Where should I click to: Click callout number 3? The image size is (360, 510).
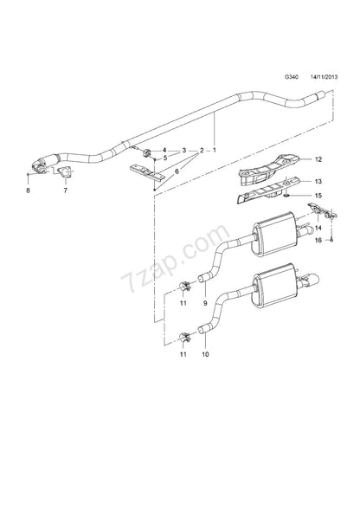[x=183, y=151]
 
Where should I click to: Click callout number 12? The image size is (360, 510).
[x=318, y=160]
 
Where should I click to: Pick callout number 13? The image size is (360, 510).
[x=318, y=181]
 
